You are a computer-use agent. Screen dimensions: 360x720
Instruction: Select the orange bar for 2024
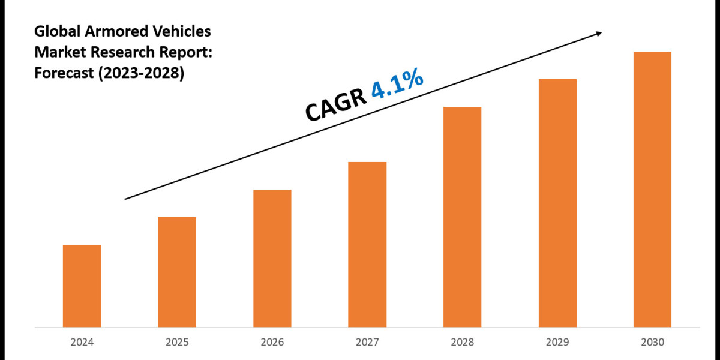point(82,286)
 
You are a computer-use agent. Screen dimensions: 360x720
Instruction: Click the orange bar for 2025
point(177,272)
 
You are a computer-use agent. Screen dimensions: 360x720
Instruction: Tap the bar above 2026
point(272,258)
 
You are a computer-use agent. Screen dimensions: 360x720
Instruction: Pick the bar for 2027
point(367,244)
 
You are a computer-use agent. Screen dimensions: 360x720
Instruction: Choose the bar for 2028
point(462,217)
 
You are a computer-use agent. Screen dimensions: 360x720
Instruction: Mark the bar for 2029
point(557,203)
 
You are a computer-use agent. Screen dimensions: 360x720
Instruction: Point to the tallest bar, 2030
point(652,189)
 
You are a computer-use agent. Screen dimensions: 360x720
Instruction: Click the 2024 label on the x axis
point(82,343)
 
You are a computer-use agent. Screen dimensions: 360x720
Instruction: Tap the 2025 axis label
point(177,343)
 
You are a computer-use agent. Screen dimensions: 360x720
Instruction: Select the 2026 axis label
point(272,343)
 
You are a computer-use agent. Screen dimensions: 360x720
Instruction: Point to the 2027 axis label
point(367,343)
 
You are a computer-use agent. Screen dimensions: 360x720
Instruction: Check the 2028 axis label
point(462,343)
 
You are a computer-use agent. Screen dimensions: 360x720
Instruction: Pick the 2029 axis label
point(557,343)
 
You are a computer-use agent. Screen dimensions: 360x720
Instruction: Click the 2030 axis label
point(652,343)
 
